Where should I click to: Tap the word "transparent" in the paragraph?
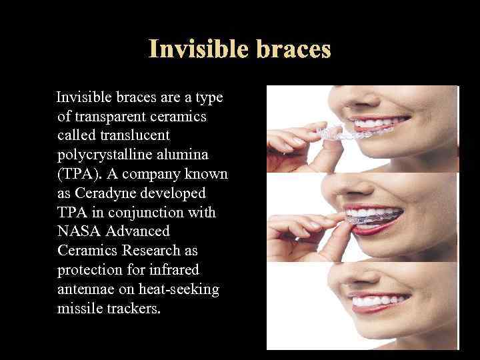click(x=119, y=117)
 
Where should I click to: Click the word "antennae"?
click(x=85, y=289)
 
